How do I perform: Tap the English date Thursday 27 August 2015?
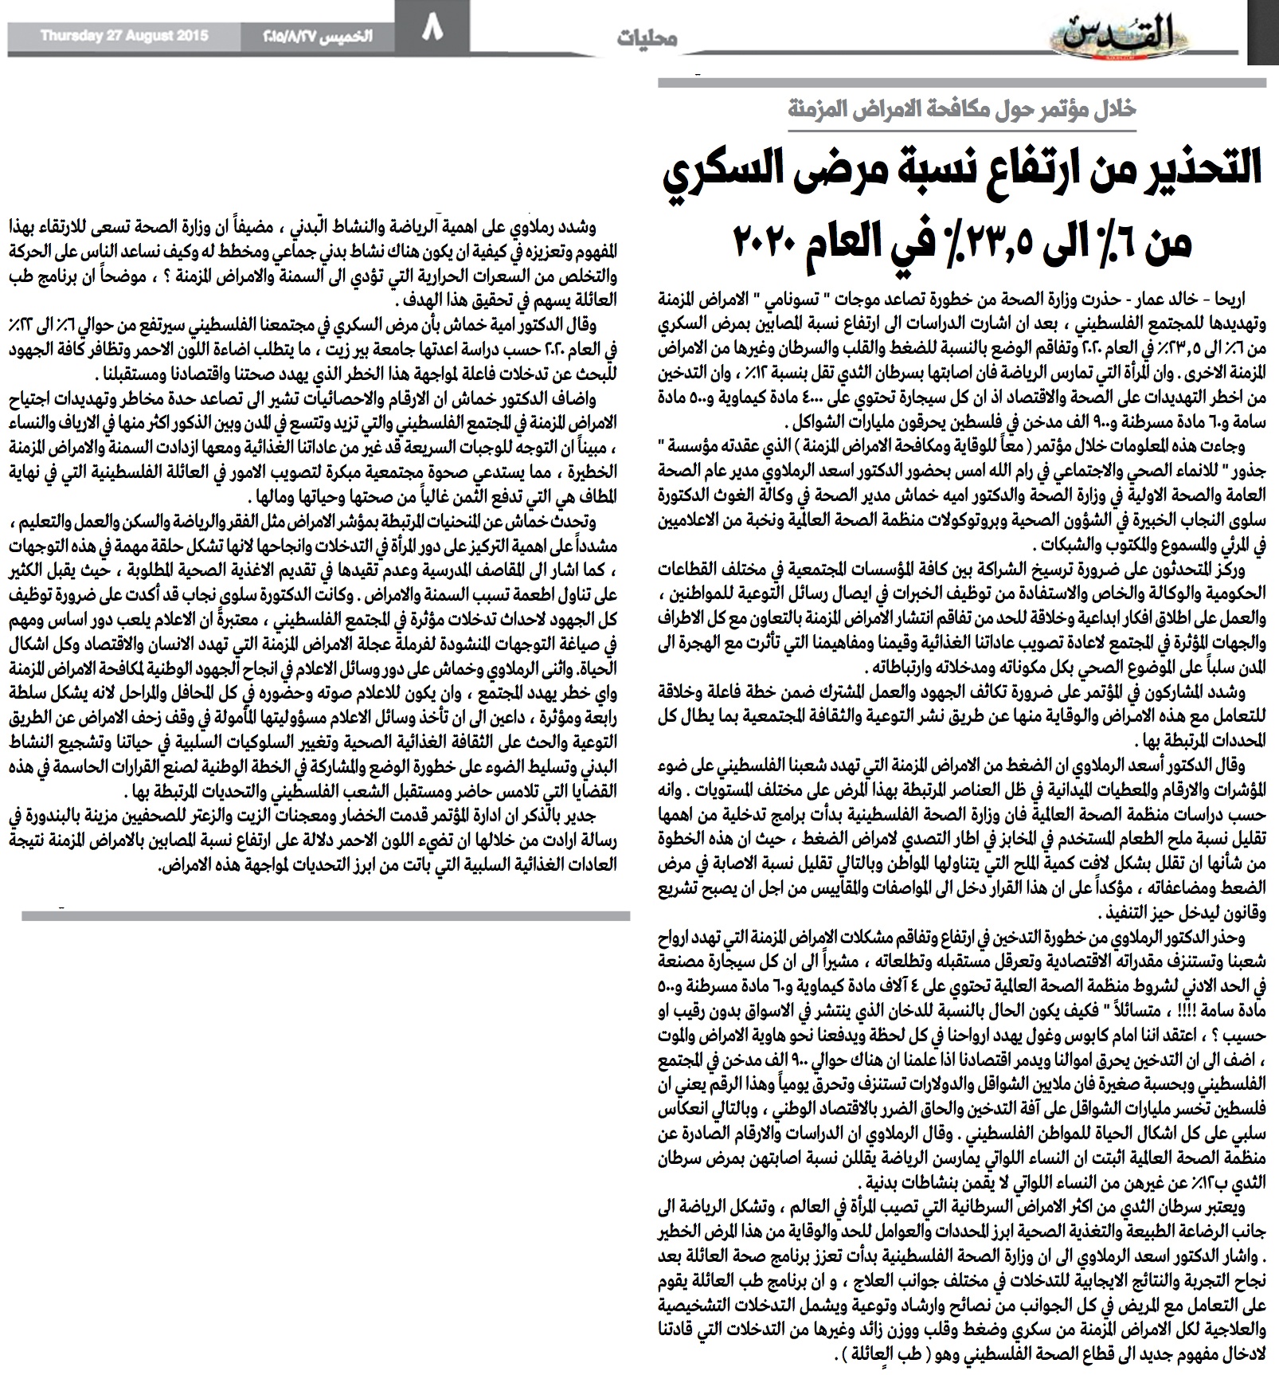point(123,36)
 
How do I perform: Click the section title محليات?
point(647,38)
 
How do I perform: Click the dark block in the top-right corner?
point(1262,32)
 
